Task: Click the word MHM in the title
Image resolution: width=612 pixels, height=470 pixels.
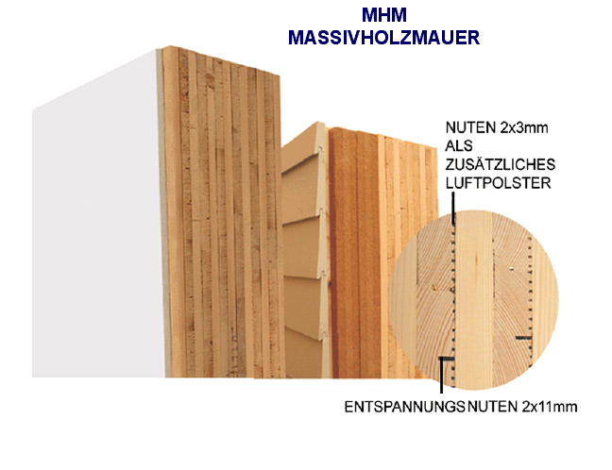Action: pos(384,15)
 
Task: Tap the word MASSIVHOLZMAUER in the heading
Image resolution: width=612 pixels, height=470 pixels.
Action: pos(383,38)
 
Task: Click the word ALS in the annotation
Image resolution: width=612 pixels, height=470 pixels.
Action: pos(459,146)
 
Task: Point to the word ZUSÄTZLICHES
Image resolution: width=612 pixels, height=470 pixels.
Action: pos(501,164)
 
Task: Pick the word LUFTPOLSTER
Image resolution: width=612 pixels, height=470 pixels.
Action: pos(498,183)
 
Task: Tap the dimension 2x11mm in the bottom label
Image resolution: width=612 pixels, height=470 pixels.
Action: pos(550,407)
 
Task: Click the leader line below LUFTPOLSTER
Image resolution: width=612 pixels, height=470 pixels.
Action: pos(452,208)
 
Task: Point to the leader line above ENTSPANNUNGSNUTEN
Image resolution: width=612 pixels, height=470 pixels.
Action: pos(442,375)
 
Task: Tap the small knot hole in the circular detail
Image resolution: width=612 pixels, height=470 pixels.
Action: pos(511,268)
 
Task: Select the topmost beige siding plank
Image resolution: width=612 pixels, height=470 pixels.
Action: pos(302,146)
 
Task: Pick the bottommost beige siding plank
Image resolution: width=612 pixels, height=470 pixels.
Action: pos(304,353)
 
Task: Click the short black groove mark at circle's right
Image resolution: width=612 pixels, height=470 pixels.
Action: pos(523,338)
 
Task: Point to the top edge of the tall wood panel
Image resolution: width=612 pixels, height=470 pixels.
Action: pos(221,59)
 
